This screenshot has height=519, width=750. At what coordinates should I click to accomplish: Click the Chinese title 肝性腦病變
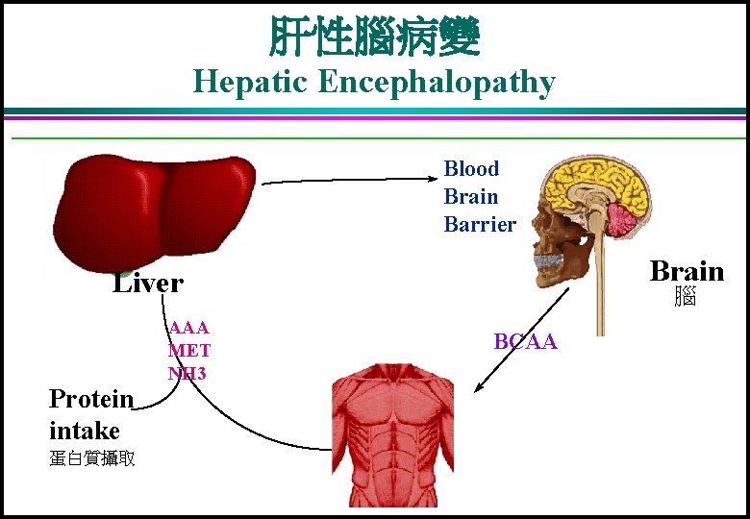(374, 37)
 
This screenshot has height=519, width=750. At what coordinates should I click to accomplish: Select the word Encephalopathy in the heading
(437, 83)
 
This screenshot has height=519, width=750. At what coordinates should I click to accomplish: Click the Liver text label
(147, 283)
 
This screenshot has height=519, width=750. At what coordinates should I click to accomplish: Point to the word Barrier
(480, 225)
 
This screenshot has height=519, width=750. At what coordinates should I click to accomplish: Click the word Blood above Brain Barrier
(471, 169)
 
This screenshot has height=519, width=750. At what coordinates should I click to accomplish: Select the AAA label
(188, 328)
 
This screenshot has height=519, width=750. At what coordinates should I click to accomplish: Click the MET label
(189, 350)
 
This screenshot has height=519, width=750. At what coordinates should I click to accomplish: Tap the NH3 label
(187, 372)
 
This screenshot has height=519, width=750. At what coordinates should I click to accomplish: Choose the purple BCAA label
(525, 341)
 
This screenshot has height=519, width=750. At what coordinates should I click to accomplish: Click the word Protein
(91, 399)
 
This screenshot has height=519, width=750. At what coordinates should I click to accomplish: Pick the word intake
(85, 430)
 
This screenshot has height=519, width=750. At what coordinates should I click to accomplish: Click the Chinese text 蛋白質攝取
(91, 458)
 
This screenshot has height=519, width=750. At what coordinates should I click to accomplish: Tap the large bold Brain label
(687, 270)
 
